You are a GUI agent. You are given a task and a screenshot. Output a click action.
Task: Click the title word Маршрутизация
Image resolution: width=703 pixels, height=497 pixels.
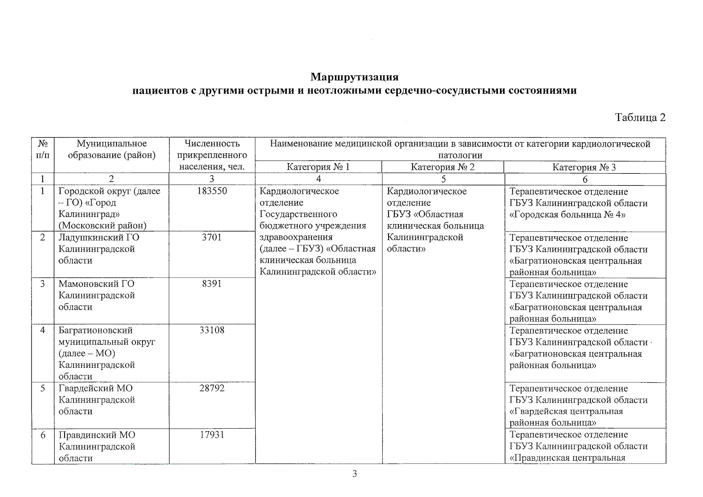pos(354,77)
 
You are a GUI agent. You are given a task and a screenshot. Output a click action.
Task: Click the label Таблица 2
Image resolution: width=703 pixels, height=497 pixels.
pos(640,118)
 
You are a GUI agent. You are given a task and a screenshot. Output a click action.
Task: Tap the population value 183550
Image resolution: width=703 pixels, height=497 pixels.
pos(212,191)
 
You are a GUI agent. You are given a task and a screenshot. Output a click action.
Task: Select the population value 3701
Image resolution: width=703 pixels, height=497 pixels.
pos(212,238)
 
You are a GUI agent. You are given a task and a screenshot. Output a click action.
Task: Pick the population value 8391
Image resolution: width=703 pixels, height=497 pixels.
pos(212,284)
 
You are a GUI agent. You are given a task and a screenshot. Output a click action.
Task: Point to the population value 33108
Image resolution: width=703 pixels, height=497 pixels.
pos(212,331)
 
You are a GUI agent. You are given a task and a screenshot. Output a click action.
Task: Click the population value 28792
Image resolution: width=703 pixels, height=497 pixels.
pos(212,388)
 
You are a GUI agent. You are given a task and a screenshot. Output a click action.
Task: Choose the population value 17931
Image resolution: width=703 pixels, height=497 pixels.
pos(212,435)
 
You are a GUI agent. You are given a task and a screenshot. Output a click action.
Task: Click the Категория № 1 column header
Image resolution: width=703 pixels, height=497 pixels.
pos(318,167)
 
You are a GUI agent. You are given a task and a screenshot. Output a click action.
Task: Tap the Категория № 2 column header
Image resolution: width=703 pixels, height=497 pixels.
pos(442,167)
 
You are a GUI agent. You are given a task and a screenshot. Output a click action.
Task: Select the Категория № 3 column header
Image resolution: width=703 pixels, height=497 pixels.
pos(584,167)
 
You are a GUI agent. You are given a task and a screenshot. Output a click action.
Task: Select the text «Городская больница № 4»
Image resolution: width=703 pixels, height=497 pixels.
pos(567,215)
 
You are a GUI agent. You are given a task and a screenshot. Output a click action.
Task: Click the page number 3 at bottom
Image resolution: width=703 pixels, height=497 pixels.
pos(354,474)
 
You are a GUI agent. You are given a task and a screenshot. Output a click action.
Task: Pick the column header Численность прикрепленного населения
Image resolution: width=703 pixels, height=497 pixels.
pos(212,155)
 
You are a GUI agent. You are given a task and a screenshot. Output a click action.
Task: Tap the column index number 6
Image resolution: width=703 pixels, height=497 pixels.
pos(585,179)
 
